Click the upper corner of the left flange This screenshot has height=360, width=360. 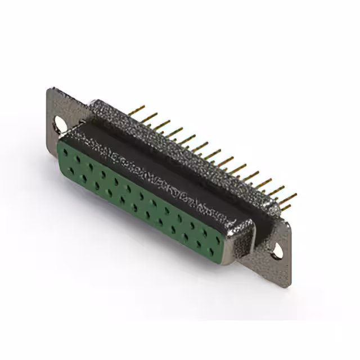pyautogui.click(x=52, y=90)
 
